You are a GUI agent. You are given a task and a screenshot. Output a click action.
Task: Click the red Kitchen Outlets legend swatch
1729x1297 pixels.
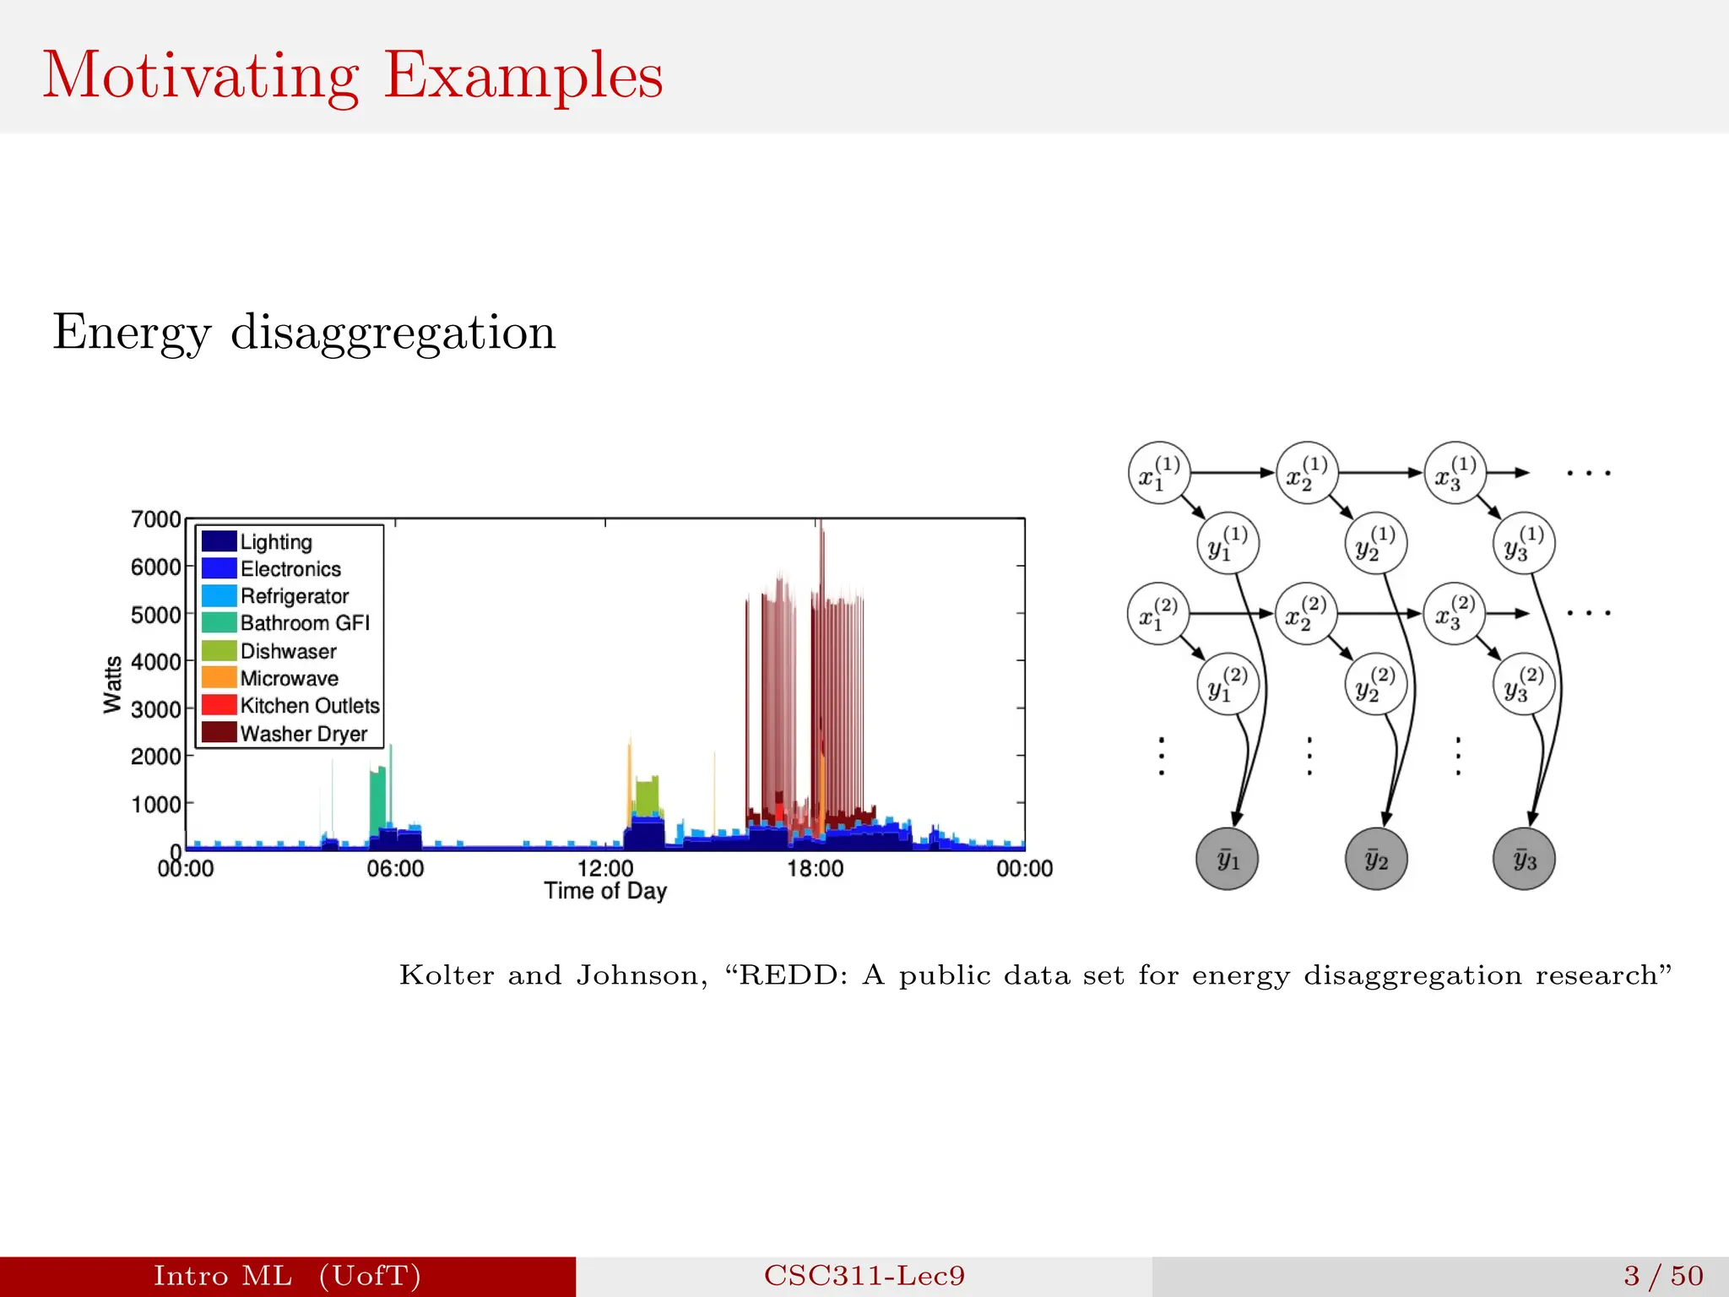219,705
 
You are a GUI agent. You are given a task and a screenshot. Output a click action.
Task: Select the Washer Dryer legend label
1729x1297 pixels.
303,733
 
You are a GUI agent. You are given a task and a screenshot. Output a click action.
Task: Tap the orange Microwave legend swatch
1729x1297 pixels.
219,677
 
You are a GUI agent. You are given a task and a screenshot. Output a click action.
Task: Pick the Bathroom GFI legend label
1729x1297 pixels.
305,623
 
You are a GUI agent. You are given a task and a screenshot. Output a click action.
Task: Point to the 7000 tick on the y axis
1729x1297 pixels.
156,519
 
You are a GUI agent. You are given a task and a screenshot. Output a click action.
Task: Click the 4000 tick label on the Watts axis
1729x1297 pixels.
156,661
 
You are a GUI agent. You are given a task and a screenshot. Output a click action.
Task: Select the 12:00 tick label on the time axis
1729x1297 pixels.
605,868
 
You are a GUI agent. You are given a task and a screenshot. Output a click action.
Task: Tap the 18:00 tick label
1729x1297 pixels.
815,868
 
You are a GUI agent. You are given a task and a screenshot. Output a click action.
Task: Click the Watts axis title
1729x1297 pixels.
113,684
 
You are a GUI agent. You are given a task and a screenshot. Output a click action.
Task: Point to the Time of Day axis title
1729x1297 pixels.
605,891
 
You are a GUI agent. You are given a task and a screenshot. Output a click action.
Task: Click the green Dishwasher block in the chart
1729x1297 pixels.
648,796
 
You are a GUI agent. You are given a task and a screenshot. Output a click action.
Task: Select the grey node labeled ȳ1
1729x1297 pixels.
1228,860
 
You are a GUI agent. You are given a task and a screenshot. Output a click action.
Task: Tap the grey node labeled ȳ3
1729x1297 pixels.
1524,860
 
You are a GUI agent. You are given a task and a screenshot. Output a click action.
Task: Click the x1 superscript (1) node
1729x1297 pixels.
1158,473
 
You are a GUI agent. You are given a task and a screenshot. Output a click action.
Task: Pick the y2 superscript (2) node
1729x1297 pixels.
1375,684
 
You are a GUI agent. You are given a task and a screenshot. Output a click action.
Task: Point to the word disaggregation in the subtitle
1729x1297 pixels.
393,332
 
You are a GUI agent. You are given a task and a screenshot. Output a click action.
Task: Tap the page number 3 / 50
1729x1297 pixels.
1662,1276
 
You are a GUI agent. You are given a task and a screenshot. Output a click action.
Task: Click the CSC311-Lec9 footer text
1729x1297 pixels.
864,1276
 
